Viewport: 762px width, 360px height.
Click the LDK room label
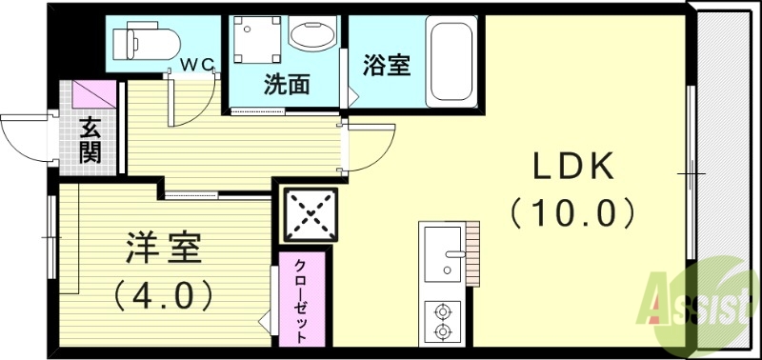point(571,169)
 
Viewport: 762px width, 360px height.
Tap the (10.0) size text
point(571,211)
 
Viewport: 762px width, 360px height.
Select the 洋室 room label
point(163,250)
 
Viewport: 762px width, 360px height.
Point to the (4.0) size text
point(163,295)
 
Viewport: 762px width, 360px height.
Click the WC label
point(200,65)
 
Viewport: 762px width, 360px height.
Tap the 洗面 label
point(286,85)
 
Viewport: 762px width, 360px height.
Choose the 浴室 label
point(387,67)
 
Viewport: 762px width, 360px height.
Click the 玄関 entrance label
point(90,140)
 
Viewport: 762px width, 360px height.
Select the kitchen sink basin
point(441,253)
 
